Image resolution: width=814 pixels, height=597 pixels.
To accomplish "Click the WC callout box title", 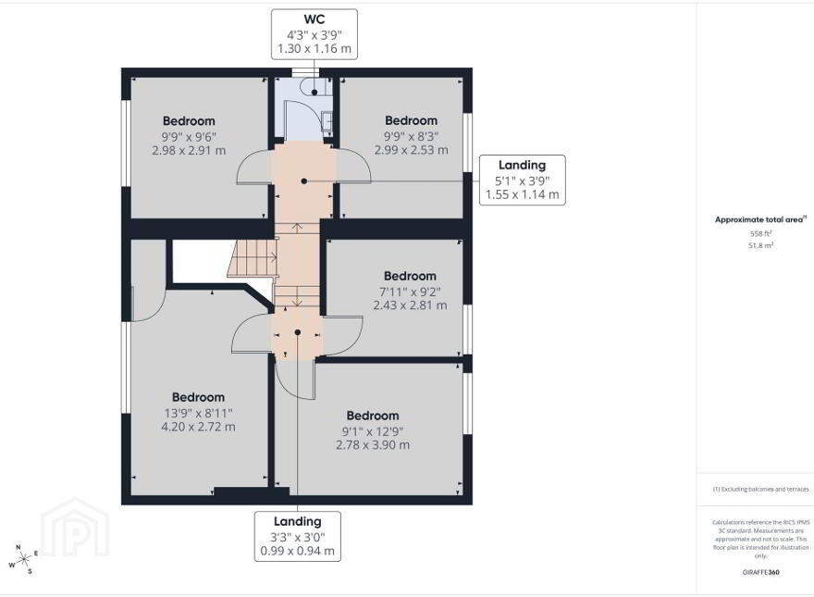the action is [314, 19].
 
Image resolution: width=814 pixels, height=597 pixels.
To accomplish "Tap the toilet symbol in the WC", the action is [314, 87].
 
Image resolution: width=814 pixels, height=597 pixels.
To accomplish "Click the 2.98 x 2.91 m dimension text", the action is [189, 151].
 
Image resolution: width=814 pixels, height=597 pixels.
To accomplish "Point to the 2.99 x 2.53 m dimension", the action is [411, 150].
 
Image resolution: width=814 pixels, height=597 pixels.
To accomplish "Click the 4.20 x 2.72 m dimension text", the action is [198, 427].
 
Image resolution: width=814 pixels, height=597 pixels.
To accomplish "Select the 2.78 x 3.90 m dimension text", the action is [373, 445].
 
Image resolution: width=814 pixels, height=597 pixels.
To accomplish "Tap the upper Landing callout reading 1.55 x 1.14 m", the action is [523, 180].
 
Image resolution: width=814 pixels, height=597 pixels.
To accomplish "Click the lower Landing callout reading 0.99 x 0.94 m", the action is [298, 536].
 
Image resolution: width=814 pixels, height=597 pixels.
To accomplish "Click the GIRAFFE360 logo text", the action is [760, 573].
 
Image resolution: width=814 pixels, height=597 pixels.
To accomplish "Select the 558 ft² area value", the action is [760, 234].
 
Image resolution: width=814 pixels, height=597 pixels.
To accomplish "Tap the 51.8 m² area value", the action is [760, 245].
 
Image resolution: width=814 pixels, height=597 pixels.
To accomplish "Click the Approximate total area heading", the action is [760, 219].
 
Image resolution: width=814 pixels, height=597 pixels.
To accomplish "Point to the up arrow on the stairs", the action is [296, 228].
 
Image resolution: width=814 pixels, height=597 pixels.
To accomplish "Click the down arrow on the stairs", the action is [296, 302].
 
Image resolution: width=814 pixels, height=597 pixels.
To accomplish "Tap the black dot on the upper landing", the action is [304, 181].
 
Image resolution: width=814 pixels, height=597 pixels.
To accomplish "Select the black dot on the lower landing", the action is [298, 332].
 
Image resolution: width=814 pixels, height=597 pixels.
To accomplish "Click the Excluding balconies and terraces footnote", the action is [760, 490].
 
